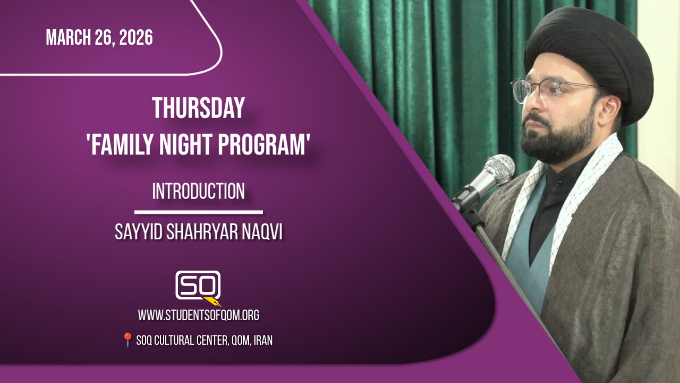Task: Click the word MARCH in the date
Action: click(69, 37)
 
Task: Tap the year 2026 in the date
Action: click(136, 37)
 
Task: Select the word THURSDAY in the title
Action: click(199, 108)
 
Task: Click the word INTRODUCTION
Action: click(199, 191)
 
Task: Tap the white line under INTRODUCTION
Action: click(199, 212)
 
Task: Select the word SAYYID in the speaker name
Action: click(139, 232)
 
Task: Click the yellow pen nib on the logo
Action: click(212, 301)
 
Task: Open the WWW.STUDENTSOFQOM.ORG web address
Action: click(199, 315)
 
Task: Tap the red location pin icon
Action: click(127, 339)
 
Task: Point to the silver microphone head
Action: click(498, 170)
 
